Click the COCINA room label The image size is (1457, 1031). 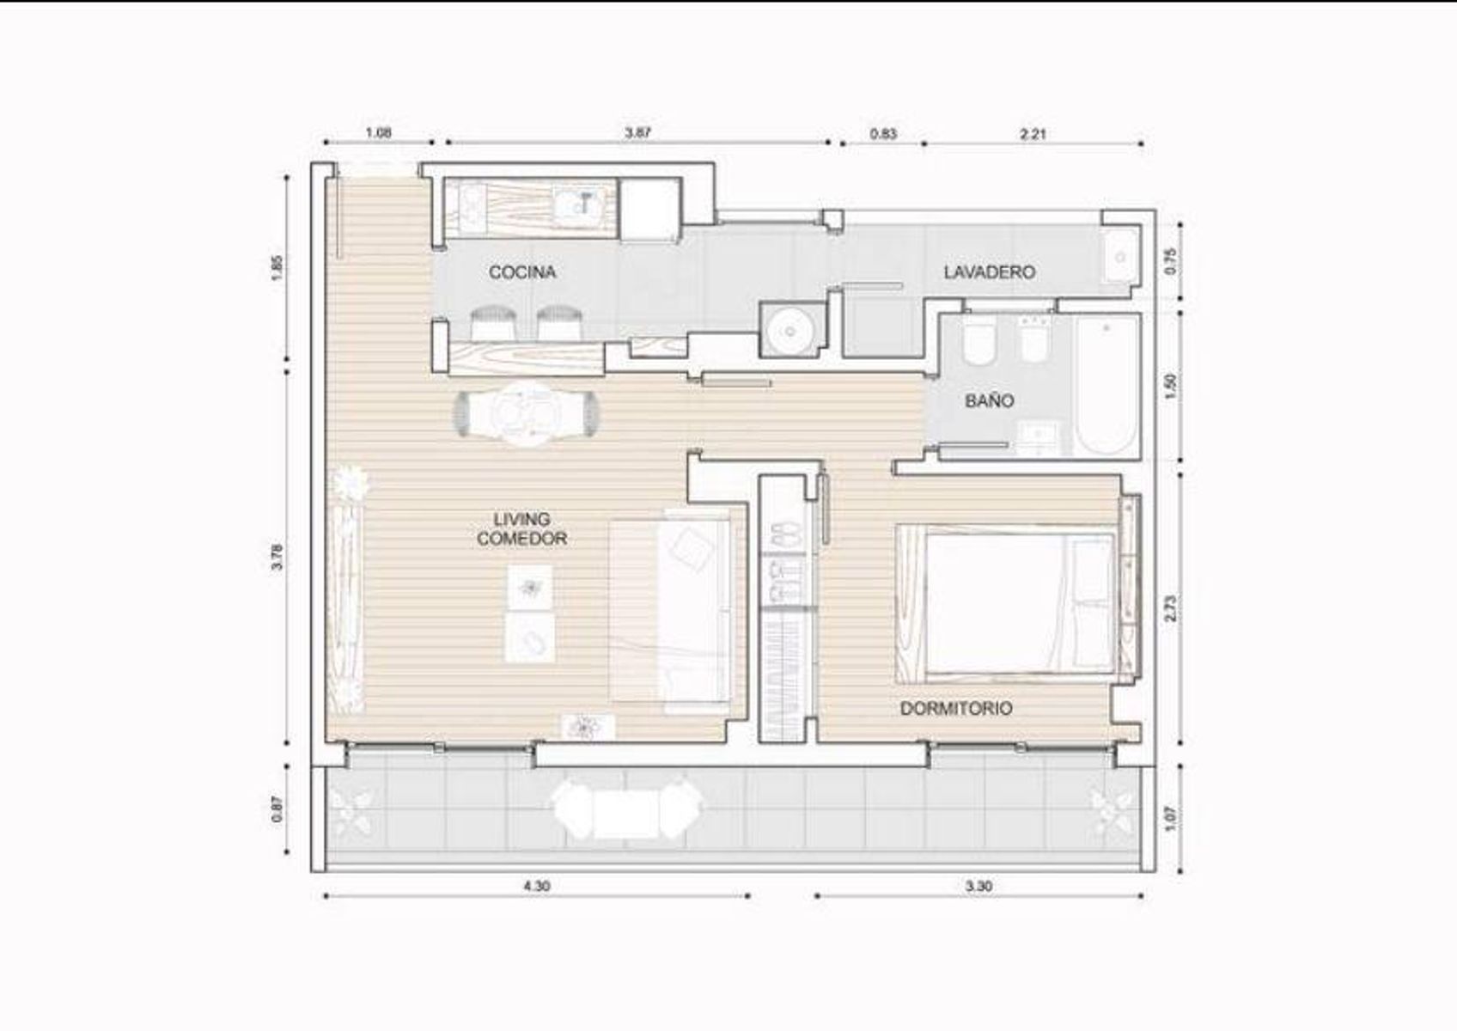point(522,271)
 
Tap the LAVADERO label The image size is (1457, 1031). point(990,271)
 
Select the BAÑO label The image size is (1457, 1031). point(990,400)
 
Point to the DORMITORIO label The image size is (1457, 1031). point(956,708)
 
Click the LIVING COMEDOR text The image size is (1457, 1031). point(522,529)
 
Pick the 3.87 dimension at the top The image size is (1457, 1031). point(637,132)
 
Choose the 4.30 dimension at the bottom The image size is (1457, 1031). point(537,886)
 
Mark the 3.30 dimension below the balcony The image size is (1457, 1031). point(979,886)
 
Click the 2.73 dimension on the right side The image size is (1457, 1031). point(1171,607)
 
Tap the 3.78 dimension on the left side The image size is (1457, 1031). point(277,557)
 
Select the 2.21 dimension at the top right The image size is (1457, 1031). point(1033,134)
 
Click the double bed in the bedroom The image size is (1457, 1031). point(1006,603)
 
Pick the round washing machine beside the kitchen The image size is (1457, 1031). point(789,331)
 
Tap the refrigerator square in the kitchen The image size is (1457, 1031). point(649,210)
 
